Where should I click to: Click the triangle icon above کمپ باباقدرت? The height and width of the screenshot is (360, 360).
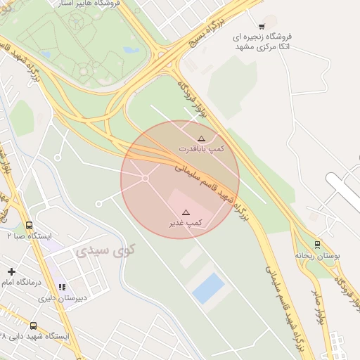[x=201, y=139]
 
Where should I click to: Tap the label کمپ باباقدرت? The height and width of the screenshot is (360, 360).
[x=201, y=149]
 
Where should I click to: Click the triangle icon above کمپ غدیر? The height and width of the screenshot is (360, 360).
[x=186, y=212]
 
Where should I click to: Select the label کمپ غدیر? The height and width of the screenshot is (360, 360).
[x=186, y=222]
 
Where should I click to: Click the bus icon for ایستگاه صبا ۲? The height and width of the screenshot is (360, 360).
[x=29, y=226]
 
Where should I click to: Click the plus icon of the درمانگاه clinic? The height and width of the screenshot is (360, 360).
[x=11, y=271]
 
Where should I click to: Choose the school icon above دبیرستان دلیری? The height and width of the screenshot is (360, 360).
[x=62, y=287]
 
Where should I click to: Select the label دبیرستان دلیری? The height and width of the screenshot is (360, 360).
[x=62, y=297]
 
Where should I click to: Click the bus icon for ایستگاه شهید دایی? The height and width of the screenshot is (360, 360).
[x=33, y=326]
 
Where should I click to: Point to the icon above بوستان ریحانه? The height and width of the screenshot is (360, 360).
[x=317, y=245]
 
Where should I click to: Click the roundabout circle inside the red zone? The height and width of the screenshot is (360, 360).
[x=146, y=179]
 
